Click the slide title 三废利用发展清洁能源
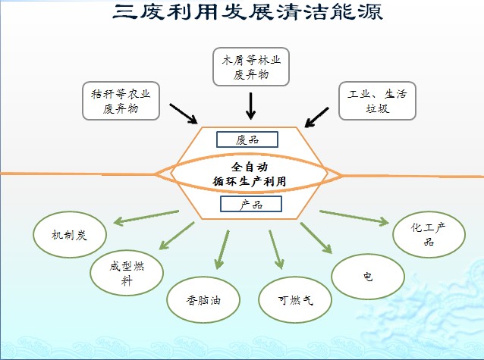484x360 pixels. pyautogui.click(x=242, y=12)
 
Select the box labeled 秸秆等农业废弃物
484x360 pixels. pyautogui.click(x=121, y=100)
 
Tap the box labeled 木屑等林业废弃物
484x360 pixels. pyautogui.click(x=250, y=66)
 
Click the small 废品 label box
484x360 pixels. pyautogui.click(x=247, y=139)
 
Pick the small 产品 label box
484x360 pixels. pyautogui.click(x=250, y=205)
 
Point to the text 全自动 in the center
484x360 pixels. pyautogui.click(x=250, y=165)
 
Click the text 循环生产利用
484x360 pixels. pyautogui.click(x=250, y=180)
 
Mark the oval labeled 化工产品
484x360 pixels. pyautogui.click(x=427, y=234)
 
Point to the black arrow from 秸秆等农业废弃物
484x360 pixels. pyautogui.click(x=184, y=113)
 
